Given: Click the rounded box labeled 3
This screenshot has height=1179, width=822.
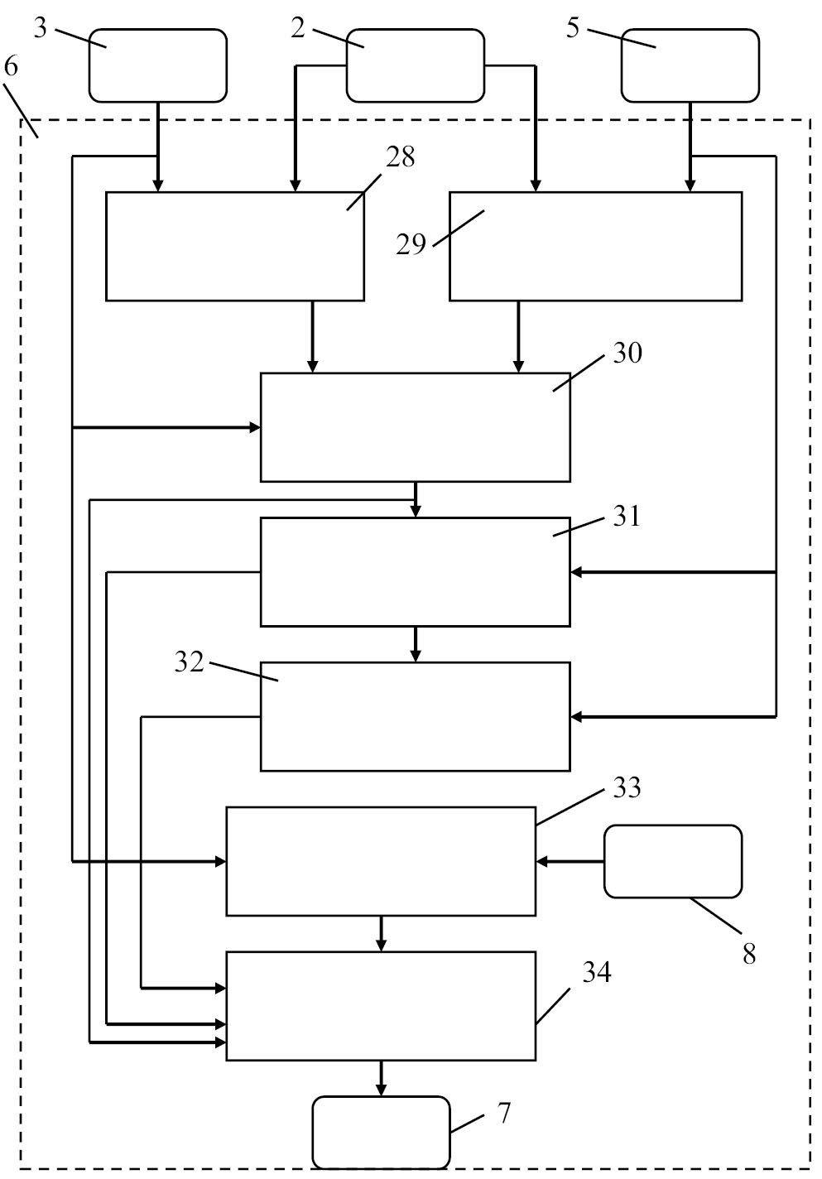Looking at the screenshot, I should pyautogui.click(x=157, y=65).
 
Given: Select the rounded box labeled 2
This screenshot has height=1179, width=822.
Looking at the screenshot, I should pyautogui.click(x=415, y=65).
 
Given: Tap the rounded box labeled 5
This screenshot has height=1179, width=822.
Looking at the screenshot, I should pyautogui.click(x=690, y=65).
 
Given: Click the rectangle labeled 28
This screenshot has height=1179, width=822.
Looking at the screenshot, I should pyautogui.click(x=234, y=246).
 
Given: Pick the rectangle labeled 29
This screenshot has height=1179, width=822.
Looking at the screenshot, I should pyautogui.click(x=595, y=246).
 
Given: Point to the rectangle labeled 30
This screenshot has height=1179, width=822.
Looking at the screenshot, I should pyautogui.click(x=415, y=427).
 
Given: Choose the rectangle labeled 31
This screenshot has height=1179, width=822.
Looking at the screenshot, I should pyautogui.click(x=415, y=571).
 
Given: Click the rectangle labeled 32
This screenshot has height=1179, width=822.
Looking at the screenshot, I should pyautogui.click(x=415, y=716).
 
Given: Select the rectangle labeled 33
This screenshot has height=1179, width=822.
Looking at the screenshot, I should pyautogui.click(x=381, y=861).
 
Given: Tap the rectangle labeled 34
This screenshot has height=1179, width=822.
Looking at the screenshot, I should pyautogui.click(x=381, y=1006).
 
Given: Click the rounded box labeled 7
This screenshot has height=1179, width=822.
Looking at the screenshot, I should pyautogui.click(x=381, y=1132).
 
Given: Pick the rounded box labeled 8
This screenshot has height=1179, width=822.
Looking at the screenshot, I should pyautogui.click(x=672, y=861).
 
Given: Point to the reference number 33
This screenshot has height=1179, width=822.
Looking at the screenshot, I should pyautogui.click(x=627, y=787).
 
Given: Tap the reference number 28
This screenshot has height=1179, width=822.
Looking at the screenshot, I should pyautogui.click(x=401, y=156).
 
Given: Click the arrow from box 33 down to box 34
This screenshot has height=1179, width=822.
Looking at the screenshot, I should pyautogui.click(x=381, y=933).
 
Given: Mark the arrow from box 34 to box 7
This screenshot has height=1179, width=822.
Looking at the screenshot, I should pyautogui.click(x=381, y=1078).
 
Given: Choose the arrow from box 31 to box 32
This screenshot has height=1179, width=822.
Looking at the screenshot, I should pyautogui.click(x=416, y=643).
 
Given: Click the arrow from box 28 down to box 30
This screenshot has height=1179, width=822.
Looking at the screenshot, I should pyautogui.click(x=312, y=336).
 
